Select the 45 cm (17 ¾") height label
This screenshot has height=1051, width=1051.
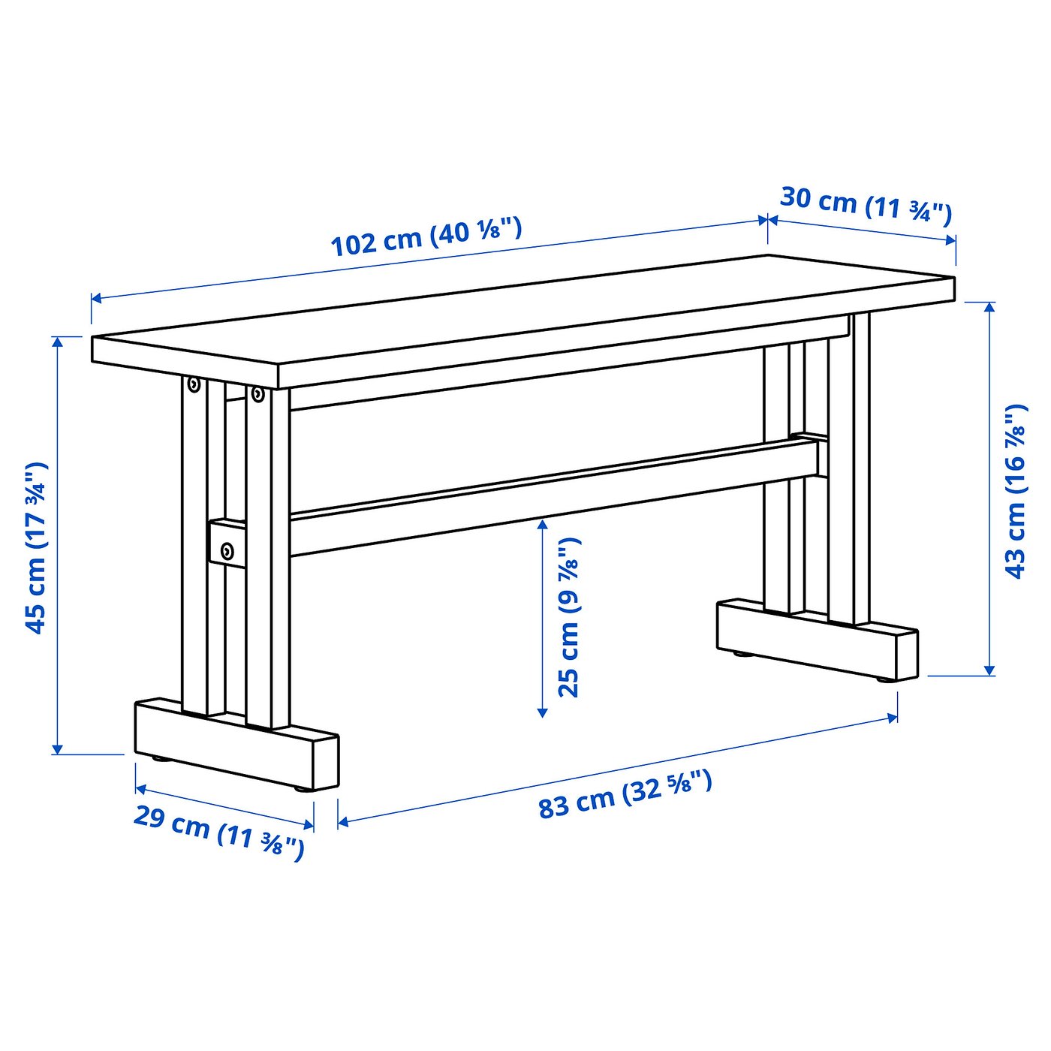(35, 548)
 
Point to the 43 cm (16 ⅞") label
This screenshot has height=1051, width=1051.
(1014, 492)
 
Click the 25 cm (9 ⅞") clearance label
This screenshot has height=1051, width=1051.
(569, 617)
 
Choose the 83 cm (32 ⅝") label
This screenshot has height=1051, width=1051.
(625, 794)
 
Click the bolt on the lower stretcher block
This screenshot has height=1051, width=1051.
(227, 553)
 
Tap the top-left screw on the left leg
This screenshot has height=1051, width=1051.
(194, 385)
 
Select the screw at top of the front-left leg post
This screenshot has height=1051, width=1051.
(257, 394)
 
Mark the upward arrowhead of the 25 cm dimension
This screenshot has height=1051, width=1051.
(543, 523)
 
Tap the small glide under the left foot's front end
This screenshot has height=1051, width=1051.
(303, 789)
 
